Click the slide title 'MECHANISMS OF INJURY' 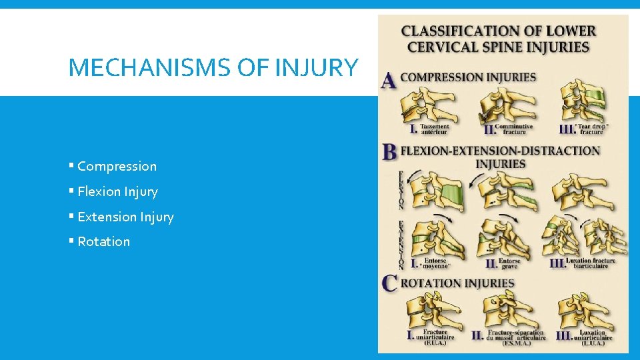tap(213, 67)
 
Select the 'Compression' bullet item tap(117, 167)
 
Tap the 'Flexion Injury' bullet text tap(117, 192)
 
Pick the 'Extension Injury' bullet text tap(125, 217)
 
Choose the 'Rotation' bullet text tap(103, 242)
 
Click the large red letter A tap(389, 81)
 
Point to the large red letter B tap(390, 152)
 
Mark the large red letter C tap(390, 283)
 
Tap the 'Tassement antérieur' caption tap(435, 129)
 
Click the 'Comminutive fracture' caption tap(513, 129)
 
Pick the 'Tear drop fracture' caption tap(590, 129)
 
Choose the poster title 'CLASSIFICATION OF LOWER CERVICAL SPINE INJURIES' tap(498, 39)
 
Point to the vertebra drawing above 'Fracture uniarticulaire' tap(429, 309)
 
